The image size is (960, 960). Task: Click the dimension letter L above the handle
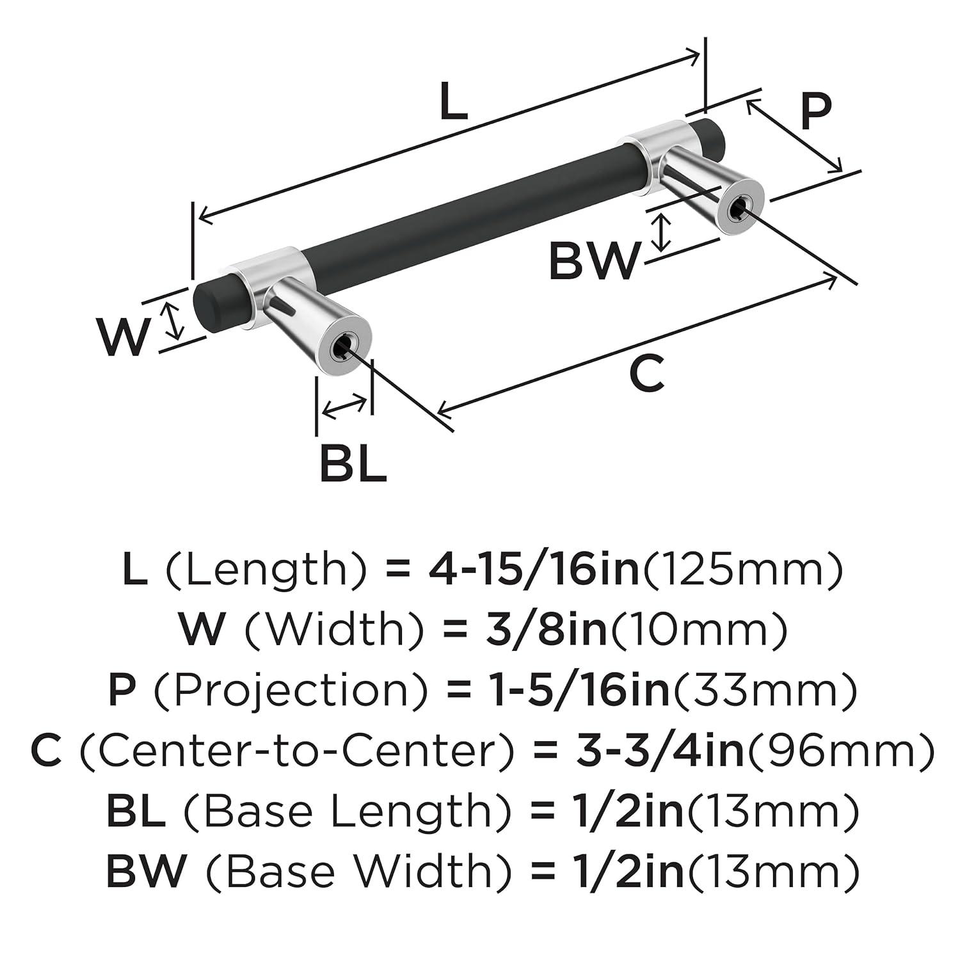click(x=454, y=102)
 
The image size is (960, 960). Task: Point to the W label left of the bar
click(x=124, y=337)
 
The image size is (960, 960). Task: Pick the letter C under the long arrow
click(x=647, y=374)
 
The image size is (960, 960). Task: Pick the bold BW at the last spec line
click(x=146, y=871)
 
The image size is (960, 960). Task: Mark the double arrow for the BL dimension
click(x=345, y=408)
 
